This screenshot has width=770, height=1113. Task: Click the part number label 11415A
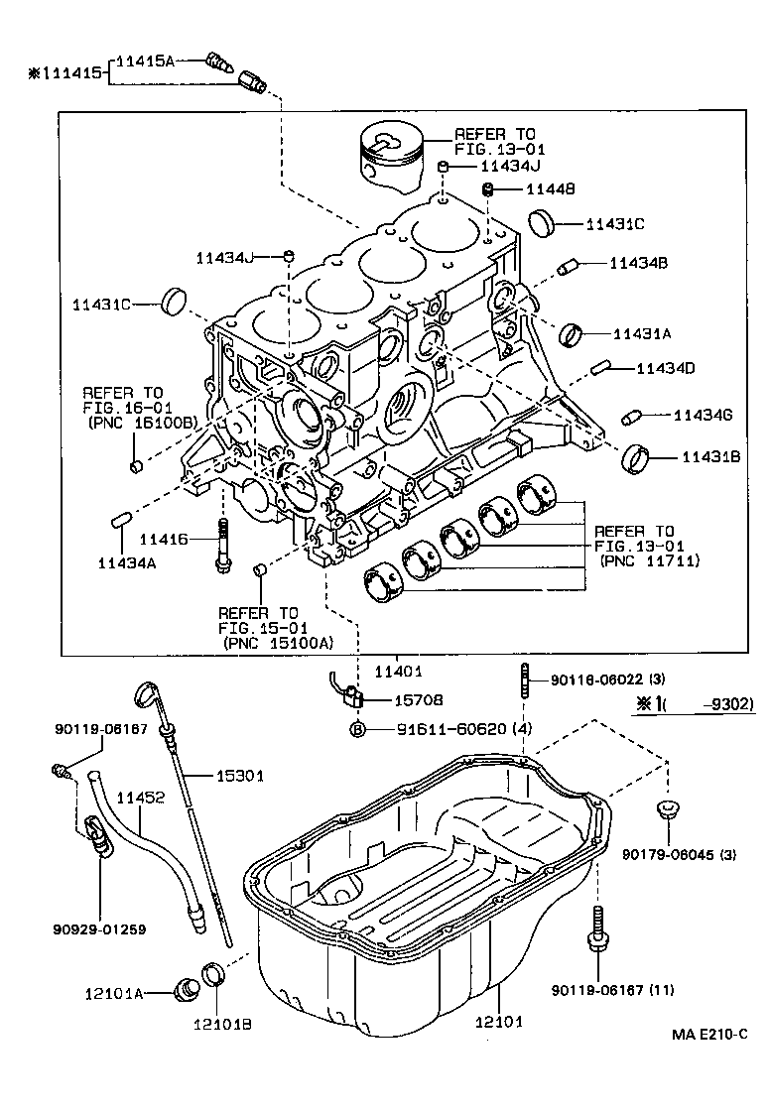tap(145, 61)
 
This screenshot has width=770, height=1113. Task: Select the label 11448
tap(550, 188)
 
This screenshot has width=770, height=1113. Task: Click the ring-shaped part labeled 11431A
tap(572, 334)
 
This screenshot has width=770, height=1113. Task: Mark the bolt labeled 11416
tap(221, 545)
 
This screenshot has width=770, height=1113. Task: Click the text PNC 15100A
tap(280, 642)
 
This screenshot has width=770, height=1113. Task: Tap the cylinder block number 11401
tap(397, 672)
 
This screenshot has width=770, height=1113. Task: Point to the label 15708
tap(418, 699)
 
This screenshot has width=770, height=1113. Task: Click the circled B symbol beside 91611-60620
tap(358, 729)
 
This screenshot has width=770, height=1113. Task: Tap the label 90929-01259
tap(100, 929)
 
